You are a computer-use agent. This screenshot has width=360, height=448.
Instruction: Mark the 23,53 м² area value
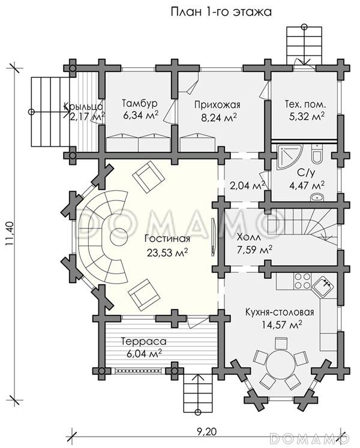(x=166, y=252)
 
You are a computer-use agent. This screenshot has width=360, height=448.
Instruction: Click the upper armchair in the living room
(x=148, y=178)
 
